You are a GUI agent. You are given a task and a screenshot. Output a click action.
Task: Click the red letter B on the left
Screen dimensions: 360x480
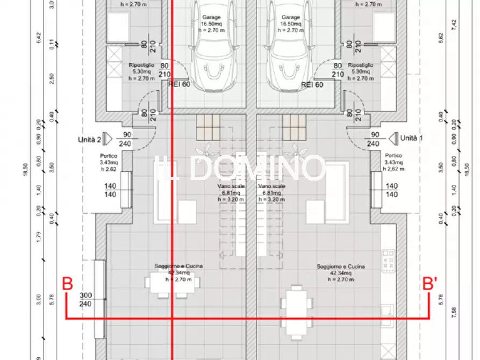(67, 284)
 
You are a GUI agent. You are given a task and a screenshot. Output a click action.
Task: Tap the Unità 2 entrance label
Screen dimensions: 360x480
(91, 139)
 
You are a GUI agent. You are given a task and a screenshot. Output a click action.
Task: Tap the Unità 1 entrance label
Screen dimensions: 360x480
(411, 138)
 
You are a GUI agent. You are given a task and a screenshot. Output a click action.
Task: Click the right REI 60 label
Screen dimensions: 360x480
(312, 84)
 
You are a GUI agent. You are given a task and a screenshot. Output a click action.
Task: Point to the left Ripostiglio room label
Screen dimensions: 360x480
(142, 71)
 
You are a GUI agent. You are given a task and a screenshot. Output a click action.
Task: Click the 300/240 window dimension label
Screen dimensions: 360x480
(85, 299)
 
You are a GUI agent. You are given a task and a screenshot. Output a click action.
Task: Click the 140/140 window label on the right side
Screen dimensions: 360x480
(392, 190)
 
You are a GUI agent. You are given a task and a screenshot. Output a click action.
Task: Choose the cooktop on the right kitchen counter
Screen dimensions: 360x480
(386, 261)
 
